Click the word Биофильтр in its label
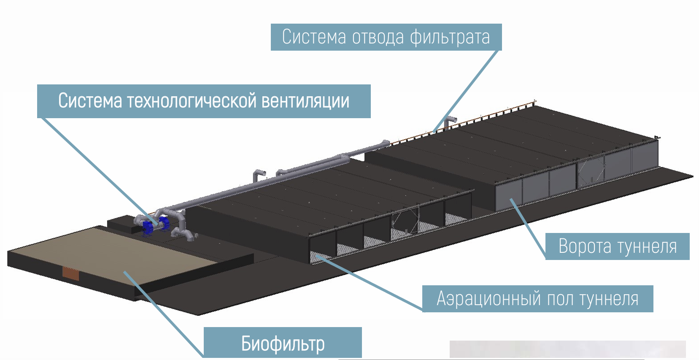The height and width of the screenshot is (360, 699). [x=283, y=344]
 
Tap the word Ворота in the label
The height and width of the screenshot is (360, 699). [x=584, y=246]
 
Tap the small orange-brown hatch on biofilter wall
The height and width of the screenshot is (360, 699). [x=70, y=273]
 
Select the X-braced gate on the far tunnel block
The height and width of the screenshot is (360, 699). [x=590, y=171]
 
